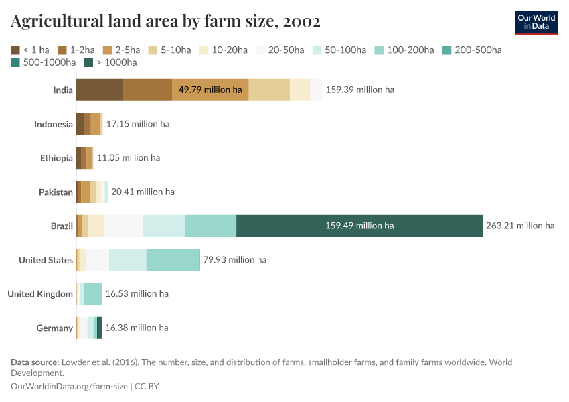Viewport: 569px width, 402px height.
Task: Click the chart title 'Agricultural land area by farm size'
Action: (x=165, y=21)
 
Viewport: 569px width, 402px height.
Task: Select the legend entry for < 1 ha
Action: (x=31, y=50)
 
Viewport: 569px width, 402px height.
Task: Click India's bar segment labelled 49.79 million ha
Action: (x=210, y=90)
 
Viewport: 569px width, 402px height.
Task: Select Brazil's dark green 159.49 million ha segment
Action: (x=359, y=226)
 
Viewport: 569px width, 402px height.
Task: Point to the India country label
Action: (x=63, y=90)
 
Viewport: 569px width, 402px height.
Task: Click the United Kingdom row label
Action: (x=40, y=294)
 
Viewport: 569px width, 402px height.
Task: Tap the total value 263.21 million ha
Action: (x=519, y=226)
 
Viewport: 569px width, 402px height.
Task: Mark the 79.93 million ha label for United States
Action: (x=234, y=260)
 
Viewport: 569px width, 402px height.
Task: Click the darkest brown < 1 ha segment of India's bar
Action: (x=99, y=90)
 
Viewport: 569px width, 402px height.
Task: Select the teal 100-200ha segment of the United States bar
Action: (x=173, y=260)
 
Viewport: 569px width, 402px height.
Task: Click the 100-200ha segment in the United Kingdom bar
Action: (x=93, y=294)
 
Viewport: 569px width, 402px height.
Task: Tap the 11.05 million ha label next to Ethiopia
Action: (x=129, y=158)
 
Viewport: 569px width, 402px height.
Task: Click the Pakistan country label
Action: (x=56, y=192)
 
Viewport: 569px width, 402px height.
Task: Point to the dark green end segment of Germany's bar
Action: (x=99, y=328)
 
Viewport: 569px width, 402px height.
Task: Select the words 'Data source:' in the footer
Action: (x=35, y=362)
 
